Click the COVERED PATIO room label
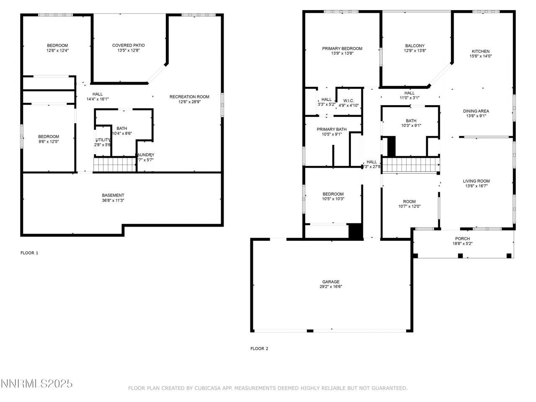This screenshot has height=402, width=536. point(128,45)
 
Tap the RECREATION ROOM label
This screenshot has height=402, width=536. point(189,97)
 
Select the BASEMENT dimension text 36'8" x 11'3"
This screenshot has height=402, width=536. point(113,201)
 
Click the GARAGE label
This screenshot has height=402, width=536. point(331,282)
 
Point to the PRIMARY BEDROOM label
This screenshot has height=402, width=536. point(342,49)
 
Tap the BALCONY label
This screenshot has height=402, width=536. point(415,46)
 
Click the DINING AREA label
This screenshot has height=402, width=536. point(476,111)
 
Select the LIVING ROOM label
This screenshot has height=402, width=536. point(476,181)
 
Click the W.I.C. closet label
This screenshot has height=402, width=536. point(348,100)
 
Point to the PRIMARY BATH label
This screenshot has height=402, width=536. point(332,129)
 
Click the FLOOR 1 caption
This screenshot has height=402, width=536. point(29,253)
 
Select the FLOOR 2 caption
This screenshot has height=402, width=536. point(259,348)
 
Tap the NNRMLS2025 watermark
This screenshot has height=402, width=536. point(37,384)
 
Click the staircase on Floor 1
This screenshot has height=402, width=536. point(114,164)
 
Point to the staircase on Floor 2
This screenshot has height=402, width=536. point(410,165)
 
